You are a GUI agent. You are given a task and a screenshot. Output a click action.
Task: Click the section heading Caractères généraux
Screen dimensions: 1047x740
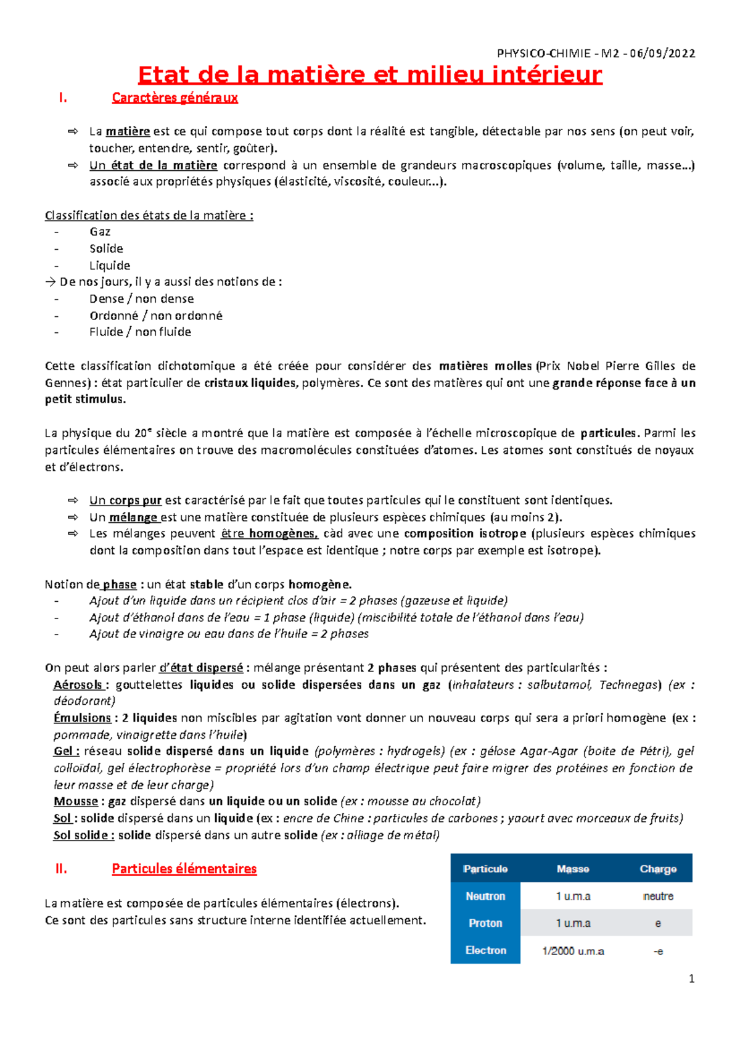pyautogui.click(x=175, y=97)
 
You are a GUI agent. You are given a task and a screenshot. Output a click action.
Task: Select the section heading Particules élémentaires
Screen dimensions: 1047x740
pyautogui.click(x=184, y=869)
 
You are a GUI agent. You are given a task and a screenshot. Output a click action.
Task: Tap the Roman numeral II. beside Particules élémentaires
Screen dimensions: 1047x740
pyautogui.click(x=61, y=869)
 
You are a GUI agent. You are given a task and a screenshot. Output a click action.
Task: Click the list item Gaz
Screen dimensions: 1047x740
pyautogui.click(x=100, y=232)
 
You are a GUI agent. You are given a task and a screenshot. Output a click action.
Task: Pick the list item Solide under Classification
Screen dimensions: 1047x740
pyautogui.click(x=106, y=248)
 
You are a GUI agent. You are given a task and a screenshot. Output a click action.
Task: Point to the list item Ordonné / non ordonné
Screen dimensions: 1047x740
pyautogui.click(x=155, y=316)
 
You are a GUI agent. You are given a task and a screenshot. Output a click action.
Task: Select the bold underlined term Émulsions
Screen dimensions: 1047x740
pyautogui.click(x=82, y=718)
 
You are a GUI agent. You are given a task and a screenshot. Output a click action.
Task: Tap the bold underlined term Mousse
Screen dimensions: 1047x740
pyautogui.click(x=76, y=801)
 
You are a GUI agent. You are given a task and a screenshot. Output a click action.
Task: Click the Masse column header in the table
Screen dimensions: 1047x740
pyautogui.click(x=573, y=869)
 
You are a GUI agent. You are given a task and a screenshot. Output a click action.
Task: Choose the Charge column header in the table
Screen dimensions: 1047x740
pyautogui.click(x=658, y=869)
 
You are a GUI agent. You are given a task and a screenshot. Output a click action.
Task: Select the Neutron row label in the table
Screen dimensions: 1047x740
pyautogui.click(x=485, y=896)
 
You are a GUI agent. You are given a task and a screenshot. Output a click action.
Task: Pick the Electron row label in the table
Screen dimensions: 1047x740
pyautogui.click(x=485, y=950)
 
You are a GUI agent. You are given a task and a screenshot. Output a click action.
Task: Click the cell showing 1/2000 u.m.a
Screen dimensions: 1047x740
pyautogui.click(x=573, y=951)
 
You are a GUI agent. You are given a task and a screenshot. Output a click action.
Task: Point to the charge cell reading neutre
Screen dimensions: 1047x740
pyautogui.click(x=658, y=896)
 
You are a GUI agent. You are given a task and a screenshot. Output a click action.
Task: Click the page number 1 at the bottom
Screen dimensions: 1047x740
pyautogui.click(x=691, y=979)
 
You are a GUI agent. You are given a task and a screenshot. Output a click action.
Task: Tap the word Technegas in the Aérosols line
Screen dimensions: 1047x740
pyautogui.click(x=630, y=684)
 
